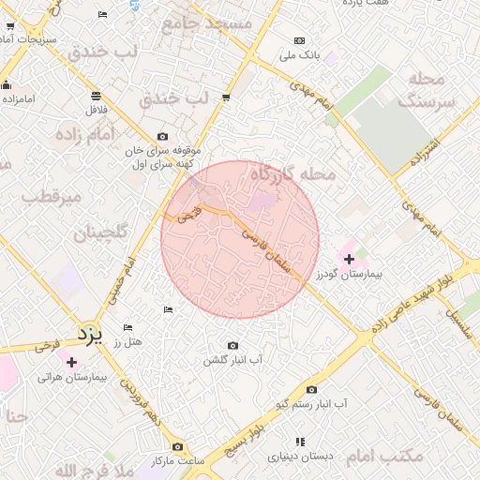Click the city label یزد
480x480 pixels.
coord(89,333)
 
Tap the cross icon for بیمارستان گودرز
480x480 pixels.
coord(350,258)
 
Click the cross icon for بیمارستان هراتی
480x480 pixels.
coord(71,361)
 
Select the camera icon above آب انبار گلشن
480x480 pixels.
coord(232,346)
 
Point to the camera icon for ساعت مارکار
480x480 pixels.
coord(178,447)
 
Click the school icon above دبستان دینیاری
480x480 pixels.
coord(300,442)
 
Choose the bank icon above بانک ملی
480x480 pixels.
coord(299,41)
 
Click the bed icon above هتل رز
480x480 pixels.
coord(128,327)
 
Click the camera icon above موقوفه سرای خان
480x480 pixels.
coord(163,136)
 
